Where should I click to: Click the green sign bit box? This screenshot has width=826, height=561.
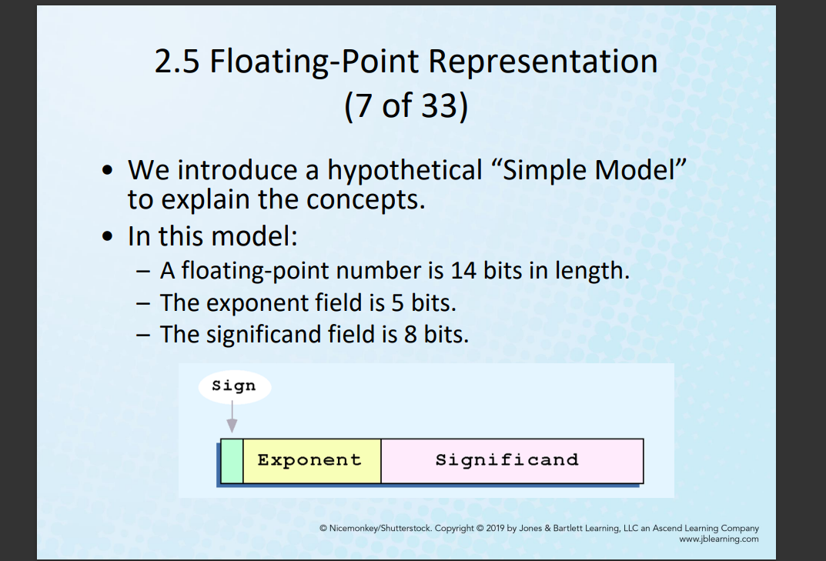coord(232,461)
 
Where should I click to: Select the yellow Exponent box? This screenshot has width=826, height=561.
coord(312,461)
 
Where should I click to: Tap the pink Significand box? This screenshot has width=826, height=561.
coord(512,461)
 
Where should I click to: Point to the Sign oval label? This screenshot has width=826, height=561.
coord(235,386)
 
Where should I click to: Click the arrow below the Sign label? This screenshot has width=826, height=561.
coord(232,416)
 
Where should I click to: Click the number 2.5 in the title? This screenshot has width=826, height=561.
coord(177,61)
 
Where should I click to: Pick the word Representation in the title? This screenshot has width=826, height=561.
coord(543,62)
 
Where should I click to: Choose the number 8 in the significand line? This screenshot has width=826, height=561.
coord(410,335)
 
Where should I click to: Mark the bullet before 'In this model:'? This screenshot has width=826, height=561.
coord(108,236)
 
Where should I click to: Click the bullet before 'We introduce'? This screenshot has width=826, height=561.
coord(108,171)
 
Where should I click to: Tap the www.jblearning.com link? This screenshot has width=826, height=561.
coord(718,539)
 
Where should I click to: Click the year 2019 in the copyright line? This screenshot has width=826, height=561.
coord(495,528)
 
